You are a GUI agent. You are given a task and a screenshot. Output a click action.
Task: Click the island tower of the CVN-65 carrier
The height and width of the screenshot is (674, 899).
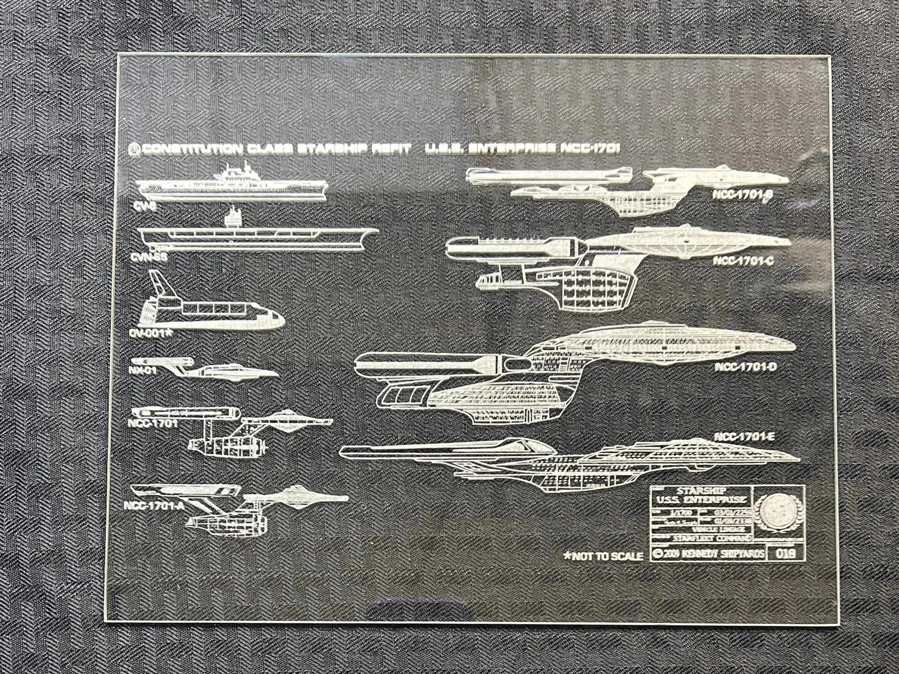[232, 220]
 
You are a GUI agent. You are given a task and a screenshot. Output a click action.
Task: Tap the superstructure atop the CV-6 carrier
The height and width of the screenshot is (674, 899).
[240, 174]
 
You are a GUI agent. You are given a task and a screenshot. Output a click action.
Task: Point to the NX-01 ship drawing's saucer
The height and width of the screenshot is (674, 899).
[240, 373]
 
